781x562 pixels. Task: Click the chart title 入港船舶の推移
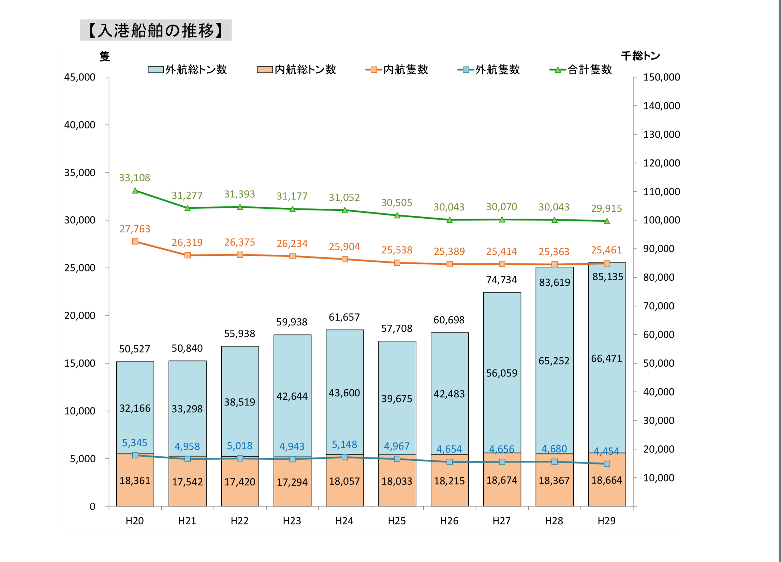click(156, 30)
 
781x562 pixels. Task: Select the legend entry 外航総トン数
click(188, 70)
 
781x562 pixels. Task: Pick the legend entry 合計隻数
click(581, 70)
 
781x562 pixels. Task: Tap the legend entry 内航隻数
click(397, 70)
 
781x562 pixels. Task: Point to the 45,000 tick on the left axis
click(79, 77)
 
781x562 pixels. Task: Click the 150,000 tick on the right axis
click(662, 77)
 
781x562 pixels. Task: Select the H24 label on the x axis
click(344, 521)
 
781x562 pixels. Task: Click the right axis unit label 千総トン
click(640, 56)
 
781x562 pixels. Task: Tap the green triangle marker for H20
click(135, 190)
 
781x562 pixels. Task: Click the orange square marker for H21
click(188, 255)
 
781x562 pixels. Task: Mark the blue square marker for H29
click(607, 464)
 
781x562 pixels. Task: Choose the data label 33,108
click(135, 178)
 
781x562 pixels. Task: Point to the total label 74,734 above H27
click(501, 280)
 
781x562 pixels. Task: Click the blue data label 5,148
click(344, 444)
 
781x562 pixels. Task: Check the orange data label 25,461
click(606, 250)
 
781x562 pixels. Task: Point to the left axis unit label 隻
click(105, 56)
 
